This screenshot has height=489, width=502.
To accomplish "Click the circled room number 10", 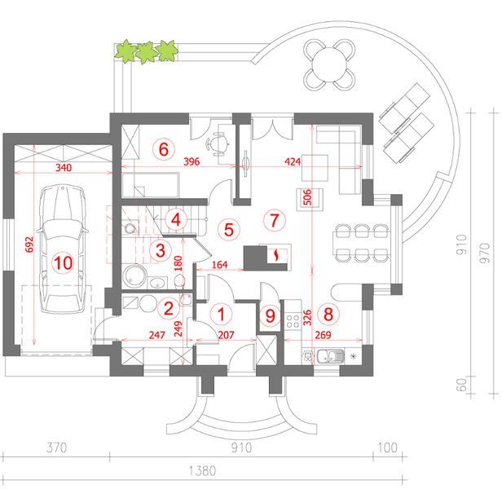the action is click(64, 263).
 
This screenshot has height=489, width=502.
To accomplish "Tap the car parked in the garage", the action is click(63, 249).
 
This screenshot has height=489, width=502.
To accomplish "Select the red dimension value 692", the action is click(29, 244).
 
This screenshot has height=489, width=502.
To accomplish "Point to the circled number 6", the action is click(164, 149).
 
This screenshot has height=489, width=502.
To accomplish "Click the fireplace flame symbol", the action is click(275, 255).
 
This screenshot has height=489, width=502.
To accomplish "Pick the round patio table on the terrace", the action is click(329, 64).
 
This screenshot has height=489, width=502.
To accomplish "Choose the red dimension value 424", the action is click(293, 161).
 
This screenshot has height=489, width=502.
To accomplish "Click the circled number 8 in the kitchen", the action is click(328, 314).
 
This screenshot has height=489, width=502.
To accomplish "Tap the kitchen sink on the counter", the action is click(330, 356).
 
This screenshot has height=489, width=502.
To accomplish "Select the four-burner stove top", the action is click(293, 321).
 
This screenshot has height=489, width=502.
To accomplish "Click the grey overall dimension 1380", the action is click(203, 471).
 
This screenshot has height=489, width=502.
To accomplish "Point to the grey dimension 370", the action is click(56, 447).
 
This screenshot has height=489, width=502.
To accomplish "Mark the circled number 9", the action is click(271, 315).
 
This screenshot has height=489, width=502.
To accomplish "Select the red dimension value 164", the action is click(220, 265).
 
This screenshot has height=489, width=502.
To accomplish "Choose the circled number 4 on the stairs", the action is click(176, 220).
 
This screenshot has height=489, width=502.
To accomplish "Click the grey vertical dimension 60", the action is click(461, 385).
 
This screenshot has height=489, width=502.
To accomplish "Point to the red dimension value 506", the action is click(306, 197).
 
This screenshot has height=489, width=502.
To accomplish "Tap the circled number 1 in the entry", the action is click(221, 314).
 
